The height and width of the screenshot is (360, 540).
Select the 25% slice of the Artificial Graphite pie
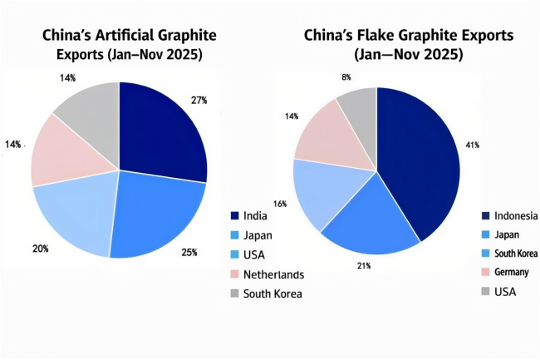[x=158, y=220]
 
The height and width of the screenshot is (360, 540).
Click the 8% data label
[x=346, y=77]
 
